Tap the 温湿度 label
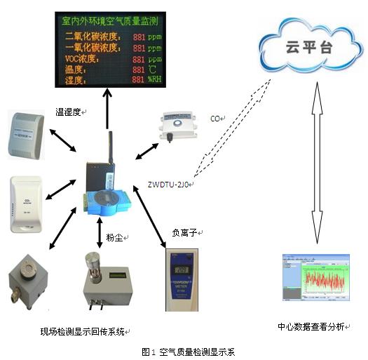click(69, 111)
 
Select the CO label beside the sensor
click(216, 119)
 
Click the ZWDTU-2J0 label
click(168, 183)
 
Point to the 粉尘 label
click(116, 239)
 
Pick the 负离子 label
click(184, 231)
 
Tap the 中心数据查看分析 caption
click(311, 327)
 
